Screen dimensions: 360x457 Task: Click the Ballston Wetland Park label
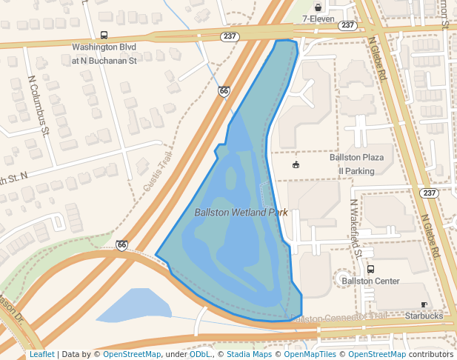pos(241,213)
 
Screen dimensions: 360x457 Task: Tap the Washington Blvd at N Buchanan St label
pos(104,53)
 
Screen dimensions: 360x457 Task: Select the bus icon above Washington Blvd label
pos(104,35)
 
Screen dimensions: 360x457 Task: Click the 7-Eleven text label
pos(318,19)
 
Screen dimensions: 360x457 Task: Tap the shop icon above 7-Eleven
pos(318,7)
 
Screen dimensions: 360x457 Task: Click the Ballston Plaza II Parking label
pos(357,164)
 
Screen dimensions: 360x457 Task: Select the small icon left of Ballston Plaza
pos(296,164)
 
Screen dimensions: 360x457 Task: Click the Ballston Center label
pos(370,281)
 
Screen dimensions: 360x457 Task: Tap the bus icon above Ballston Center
pos(370,269)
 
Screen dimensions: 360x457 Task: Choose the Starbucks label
pos(424,316)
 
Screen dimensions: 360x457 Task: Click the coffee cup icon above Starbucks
pos(424,304)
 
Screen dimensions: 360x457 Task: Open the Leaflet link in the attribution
pos(41,355)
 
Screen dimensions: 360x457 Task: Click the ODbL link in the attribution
pos(199,355)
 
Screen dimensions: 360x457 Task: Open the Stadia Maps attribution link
pos(249,355)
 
